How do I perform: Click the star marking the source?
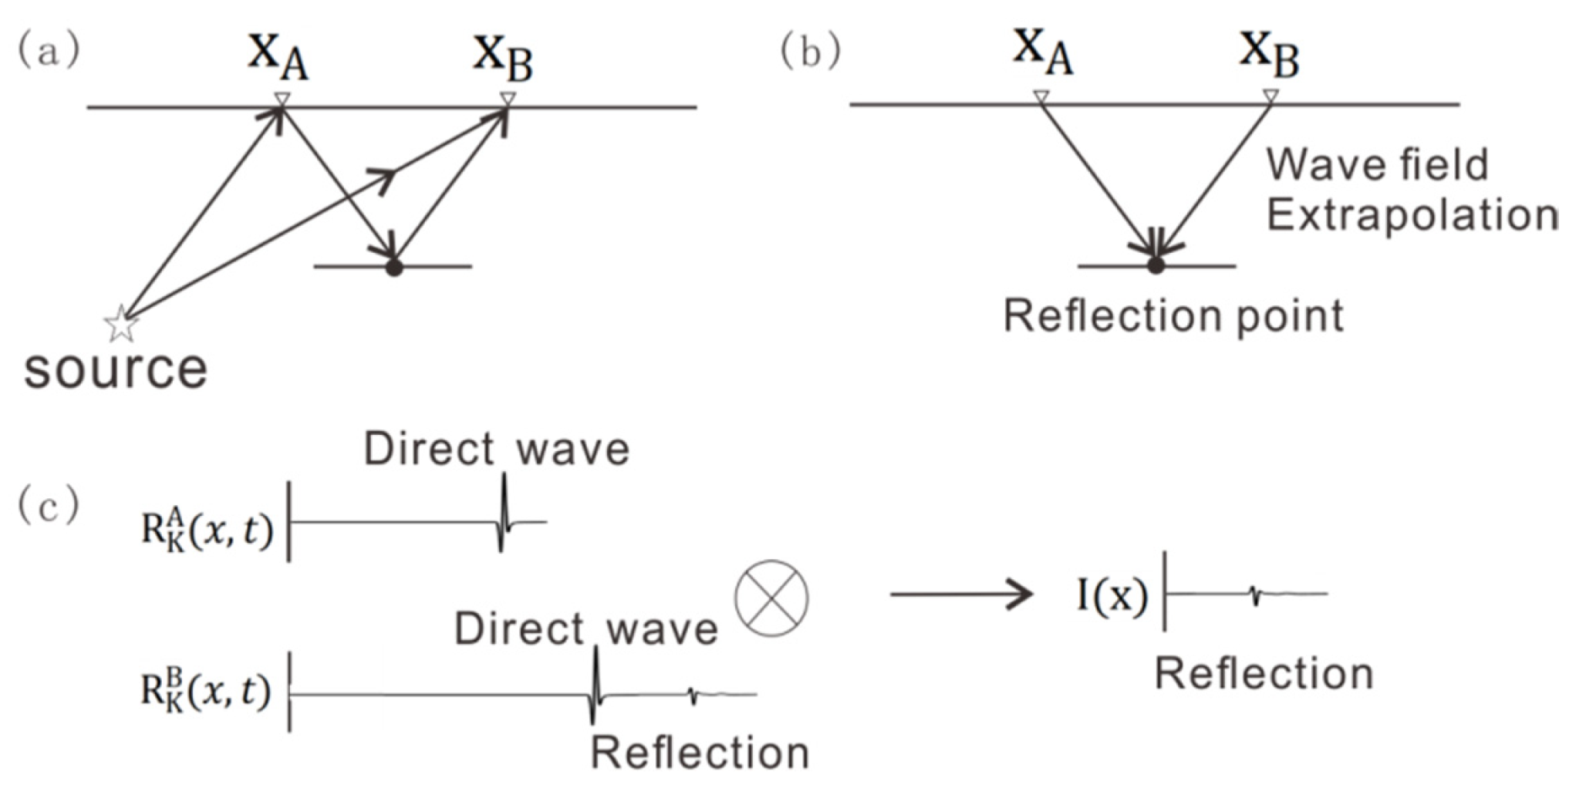click(x=121, y=324)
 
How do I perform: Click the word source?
click(x=116, y=369)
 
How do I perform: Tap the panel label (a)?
click(x=49, y=50)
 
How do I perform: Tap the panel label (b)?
click(x=810, y=51)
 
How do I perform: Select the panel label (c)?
click(x=49, y=507)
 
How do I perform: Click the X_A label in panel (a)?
click(x=277, y=56)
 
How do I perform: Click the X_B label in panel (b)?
click(x=1269, y=52)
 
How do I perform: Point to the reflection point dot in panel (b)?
click(x=1156, y=266)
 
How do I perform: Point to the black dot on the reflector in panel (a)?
click(x=394, y=268)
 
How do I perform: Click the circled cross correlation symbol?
click(x=771, y=598)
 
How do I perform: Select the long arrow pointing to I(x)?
click(x=961, y=594)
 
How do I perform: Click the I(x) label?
click(x=1112, y=596)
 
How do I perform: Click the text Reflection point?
click(x=1173, y=317)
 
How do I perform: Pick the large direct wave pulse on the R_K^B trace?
click(x=594, y=687)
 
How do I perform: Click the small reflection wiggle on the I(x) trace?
click(x=1255, y=595)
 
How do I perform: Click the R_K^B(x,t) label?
click(x=206, y=691)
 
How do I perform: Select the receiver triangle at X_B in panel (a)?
click(x=507, y=99)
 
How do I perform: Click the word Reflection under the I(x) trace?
click(x=1263, y=674)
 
